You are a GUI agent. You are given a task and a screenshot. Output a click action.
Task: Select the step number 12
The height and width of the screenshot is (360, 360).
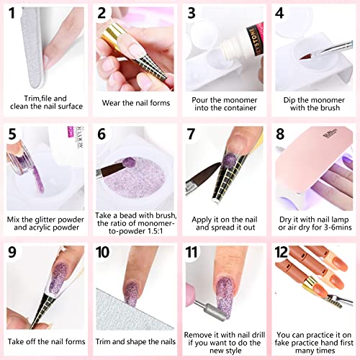(284, 253)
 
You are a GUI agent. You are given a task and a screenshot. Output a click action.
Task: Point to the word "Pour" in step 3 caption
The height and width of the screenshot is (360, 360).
(203, 97)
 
